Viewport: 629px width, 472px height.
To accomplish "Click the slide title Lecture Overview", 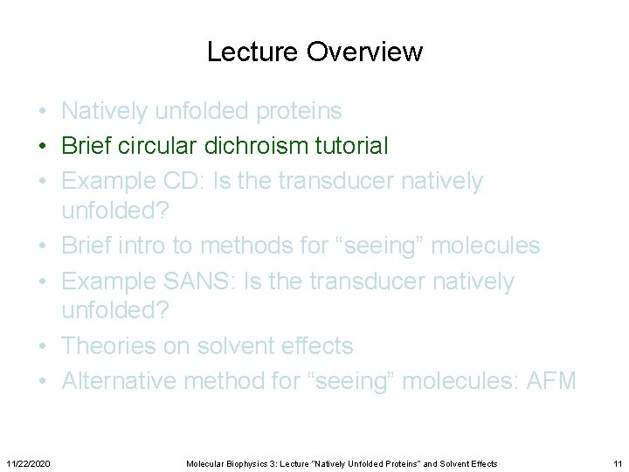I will [x=314, y=52].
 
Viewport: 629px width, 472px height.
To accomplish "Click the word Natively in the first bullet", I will [x=107, y=111].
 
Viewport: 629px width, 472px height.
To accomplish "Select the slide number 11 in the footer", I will [x=617, y=463].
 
